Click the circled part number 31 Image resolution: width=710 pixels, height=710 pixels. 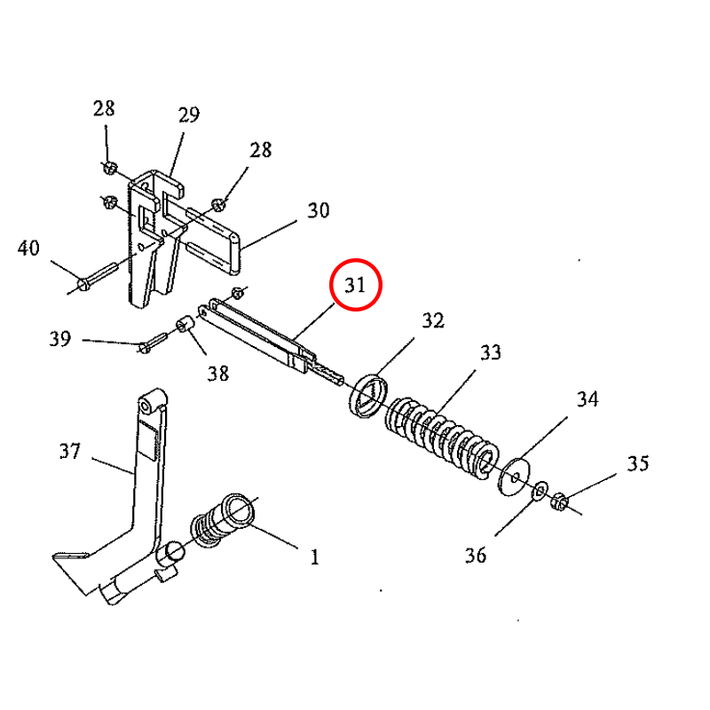[x=355, y=285]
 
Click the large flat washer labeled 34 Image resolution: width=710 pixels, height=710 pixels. [x=514, y=477]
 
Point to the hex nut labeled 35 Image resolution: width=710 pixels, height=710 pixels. [x=559, y=502]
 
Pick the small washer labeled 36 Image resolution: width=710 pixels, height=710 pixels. [x=539, y=491]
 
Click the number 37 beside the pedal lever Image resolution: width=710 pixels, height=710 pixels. [x=70, y=452]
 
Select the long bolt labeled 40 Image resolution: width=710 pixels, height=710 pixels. [x=98, y=275]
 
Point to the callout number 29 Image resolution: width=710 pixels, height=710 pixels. [x=188, y=114]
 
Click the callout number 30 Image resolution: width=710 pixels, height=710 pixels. [x=318, y=210]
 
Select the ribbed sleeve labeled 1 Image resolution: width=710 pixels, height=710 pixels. [x=222, y=520]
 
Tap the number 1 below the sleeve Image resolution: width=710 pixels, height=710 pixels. [x=313, y=557]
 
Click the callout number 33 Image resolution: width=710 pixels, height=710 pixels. [x=490, y=352]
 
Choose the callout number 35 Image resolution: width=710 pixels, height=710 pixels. [x=637, y=463]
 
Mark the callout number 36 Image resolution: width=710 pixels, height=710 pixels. [x=476, y=556]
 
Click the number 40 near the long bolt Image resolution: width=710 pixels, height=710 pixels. [x=28, y=248]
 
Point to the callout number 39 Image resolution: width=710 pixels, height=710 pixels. [x=59, y=339]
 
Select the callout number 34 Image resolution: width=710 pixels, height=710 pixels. [x=588, y=399]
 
